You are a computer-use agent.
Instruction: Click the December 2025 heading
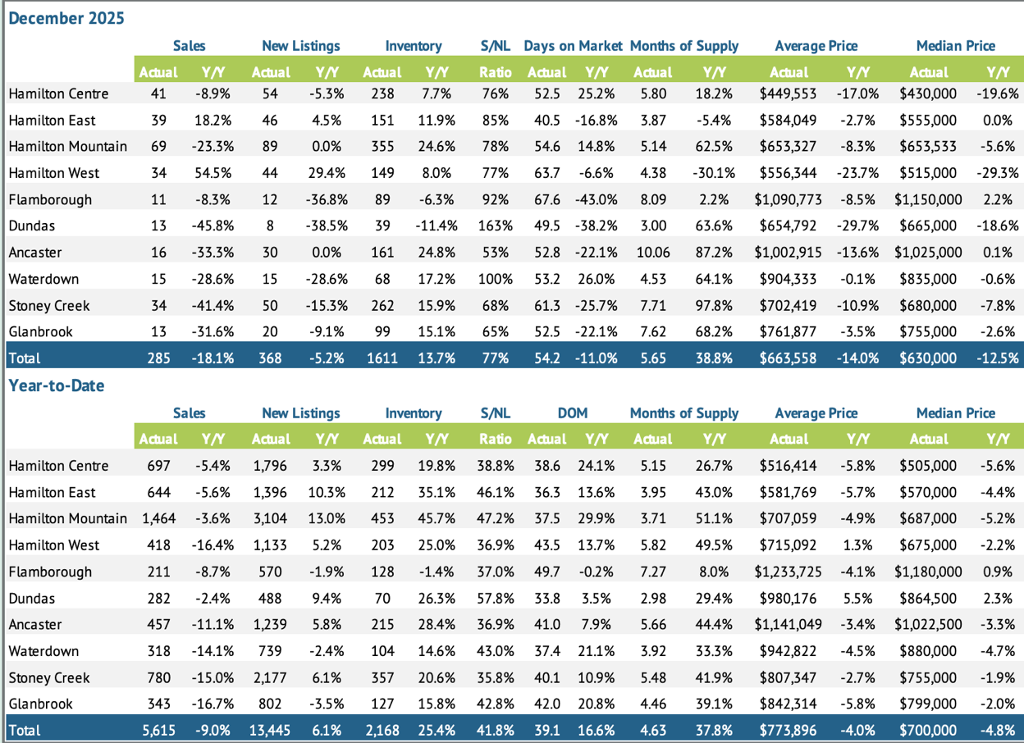click(x=66, y=17)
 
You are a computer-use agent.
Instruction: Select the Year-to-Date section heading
click(x=57, y=385)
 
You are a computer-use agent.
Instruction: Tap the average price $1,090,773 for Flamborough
click(x=789, y=199)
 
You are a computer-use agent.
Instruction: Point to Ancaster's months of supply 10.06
click(x=653, y=253)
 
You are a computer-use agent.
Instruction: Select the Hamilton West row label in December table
click(x=54, y=173)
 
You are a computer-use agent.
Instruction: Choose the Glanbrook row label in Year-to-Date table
click(x=41, y=704)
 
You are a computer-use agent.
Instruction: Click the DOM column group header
click(x=573, y=413)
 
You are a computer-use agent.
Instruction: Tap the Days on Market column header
click(x=573, y=46)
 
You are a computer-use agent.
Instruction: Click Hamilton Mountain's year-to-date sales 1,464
click(x=158, y=518)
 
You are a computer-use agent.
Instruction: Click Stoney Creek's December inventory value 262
click(x=382, y=306)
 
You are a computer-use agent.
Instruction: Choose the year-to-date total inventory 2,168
click(x=382, y=731)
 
